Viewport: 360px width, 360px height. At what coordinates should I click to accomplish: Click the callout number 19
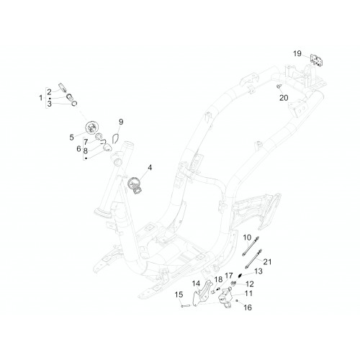tap(297, 53)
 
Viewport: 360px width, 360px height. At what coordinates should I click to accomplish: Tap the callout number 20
tap(284, 98)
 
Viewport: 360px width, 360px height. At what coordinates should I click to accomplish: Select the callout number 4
tap(150, 168)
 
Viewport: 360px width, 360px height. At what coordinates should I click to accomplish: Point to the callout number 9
tap(121, 122)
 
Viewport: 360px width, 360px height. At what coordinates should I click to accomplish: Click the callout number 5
tap(71, 138)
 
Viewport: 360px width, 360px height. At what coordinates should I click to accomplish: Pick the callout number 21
tap(267, 261)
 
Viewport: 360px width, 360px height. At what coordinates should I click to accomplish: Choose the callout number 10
tap(247, 238)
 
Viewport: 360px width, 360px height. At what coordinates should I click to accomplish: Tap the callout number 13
tap(258, 271)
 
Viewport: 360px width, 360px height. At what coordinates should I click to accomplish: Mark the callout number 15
tap(179, 294)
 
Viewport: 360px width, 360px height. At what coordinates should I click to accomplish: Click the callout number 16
tap(248, 307)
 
